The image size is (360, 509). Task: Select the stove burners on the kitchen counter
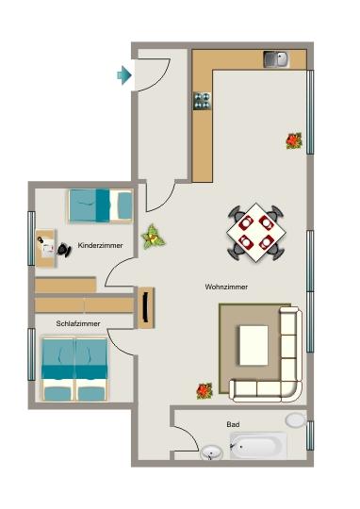pos(202,100)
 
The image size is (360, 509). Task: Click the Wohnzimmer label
pos(225,287)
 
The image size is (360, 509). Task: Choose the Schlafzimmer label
pos(75,323)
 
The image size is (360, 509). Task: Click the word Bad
pos(233,424)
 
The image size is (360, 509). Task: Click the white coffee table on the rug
pos(254,343)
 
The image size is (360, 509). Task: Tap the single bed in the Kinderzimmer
pos(99,204)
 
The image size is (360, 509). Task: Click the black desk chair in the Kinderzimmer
pos(63,249)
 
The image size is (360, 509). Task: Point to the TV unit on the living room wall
pos(145,308)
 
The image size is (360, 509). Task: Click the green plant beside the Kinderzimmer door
pos(152,237)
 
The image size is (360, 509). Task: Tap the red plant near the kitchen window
pos(295,140)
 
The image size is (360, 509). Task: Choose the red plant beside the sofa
pos(205,389)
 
